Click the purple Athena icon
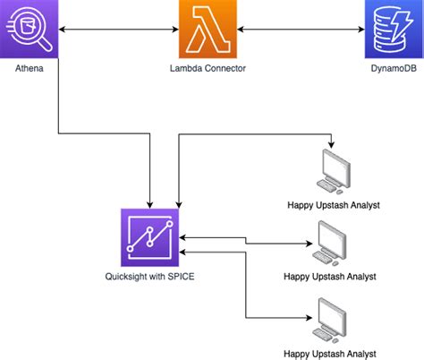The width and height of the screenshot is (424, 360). tap(30, 30)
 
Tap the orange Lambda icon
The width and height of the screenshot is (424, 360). tap(208, 30)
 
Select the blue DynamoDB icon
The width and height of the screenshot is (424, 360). tap(392, 30)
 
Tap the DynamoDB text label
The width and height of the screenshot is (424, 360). tap(392, 68)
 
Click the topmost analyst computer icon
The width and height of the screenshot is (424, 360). tap(334, 170)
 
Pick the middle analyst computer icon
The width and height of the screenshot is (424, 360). tap(334, 239)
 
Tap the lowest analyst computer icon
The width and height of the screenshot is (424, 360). tap(334, 318)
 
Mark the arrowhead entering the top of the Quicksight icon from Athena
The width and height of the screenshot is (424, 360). tap(148, 203)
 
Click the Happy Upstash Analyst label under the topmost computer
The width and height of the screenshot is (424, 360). tap(334, 205)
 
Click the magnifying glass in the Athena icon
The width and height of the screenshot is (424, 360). tap(36, 34)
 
